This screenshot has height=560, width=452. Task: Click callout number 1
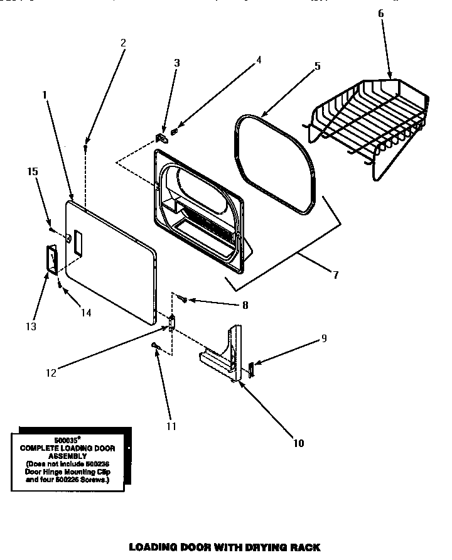point(45,95)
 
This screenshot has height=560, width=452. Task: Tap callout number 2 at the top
point(123,43)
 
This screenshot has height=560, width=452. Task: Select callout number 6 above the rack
point(380,13)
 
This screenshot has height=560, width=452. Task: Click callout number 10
point(298,443)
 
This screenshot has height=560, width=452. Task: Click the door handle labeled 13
point(50,259)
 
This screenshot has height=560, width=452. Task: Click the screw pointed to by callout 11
point(155,345)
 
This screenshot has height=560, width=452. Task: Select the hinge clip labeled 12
point(171,323)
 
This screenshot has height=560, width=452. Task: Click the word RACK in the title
point(303,547)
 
